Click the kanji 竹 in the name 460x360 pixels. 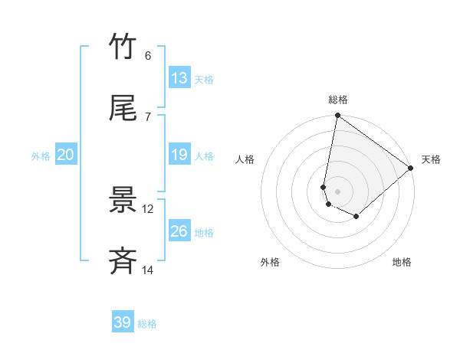(123, 47)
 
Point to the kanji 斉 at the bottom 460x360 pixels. (123, 261)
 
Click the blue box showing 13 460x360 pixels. (179, 78)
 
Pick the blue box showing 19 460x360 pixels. (179, 155)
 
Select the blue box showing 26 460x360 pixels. (179, 231)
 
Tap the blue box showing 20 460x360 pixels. (66, 155)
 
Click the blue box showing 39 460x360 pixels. (123, 322)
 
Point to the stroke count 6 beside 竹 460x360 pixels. (148, 56)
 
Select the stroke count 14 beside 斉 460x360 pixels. (148, 270)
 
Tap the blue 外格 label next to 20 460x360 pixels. (41, 156)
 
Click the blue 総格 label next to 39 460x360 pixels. (147, 324)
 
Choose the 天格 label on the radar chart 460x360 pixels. (431, 160)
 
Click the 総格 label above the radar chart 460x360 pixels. (338, 100)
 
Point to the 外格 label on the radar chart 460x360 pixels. (270, 262)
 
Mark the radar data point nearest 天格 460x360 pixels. (411, 169)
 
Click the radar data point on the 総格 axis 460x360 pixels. (337, 116)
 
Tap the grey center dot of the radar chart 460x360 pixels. (337, 191)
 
